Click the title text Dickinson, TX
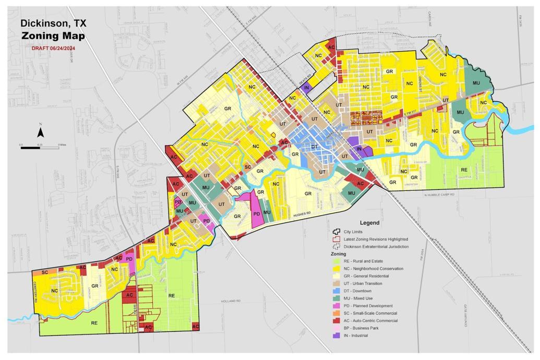[53, 23]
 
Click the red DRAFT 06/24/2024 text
[54, 47]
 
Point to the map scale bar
[40, 148]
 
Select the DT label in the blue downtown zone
[314, 147]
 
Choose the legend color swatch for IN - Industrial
[337, 335]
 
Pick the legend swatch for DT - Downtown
[337, 291]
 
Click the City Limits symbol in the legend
[337, 232]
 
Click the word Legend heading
[369, 223]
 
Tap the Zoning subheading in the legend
[339, 254]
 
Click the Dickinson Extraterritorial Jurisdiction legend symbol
[337, 246]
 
